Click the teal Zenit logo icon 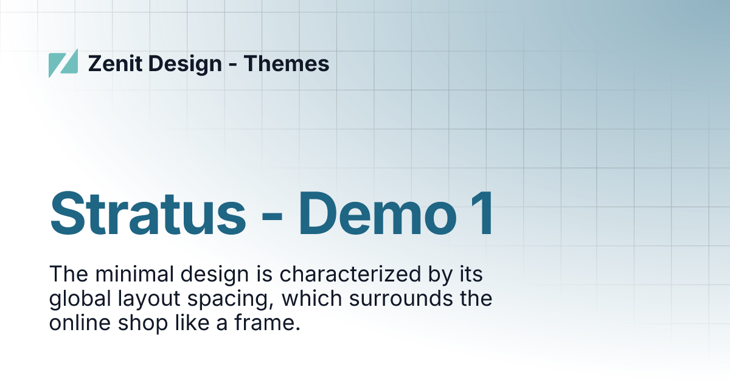(x=63, y=63)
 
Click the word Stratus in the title (x=148, y=214)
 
